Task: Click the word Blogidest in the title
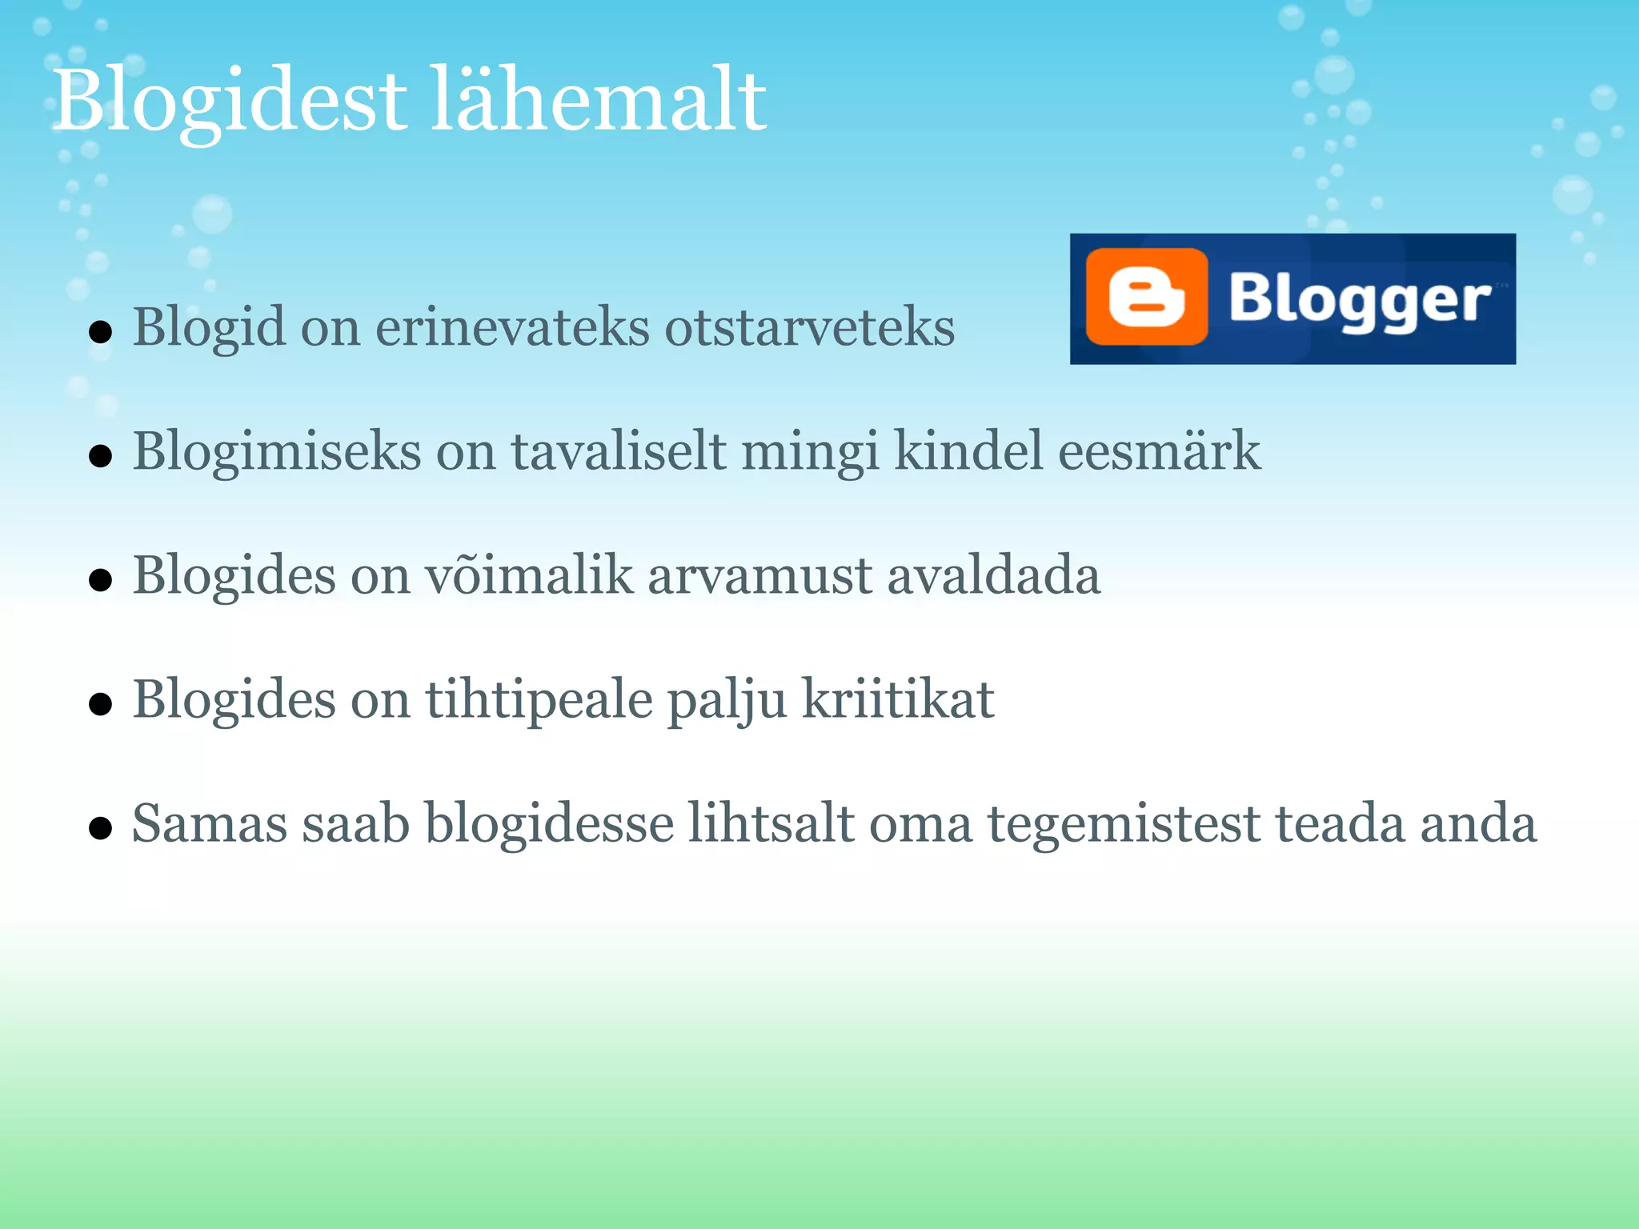point(230,102)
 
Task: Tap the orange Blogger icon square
point(1146,298)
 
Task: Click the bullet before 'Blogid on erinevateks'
point(100,331)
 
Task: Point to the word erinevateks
point(512,327)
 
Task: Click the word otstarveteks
point(809,327)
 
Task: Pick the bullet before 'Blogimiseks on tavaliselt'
point(100,456)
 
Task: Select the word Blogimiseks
point(276,452)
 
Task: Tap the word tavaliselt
point(619,450)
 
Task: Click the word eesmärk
point(1159,450)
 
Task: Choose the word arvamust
point(759,575)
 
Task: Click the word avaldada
point(993,575)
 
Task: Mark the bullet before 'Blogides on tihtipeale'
point(100,704)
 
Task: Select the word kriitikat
point(897,699)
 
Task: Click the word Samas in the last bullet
point(209,823)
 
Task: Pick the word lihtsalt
point(771,823)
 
